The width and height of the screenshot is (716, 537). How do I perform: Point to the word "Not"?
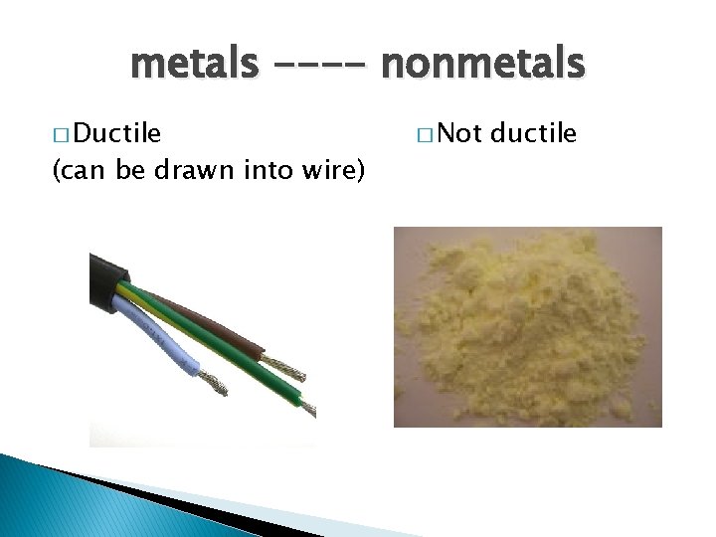pyautogui.click(x=460, y=133)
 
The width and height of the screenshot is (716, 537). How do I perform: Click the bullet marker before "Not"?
pyautogui.click(x=426, y=134)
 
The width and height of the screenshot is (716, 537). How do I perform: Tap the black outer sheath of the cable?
pyautogui.click(x=106, y=274)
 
